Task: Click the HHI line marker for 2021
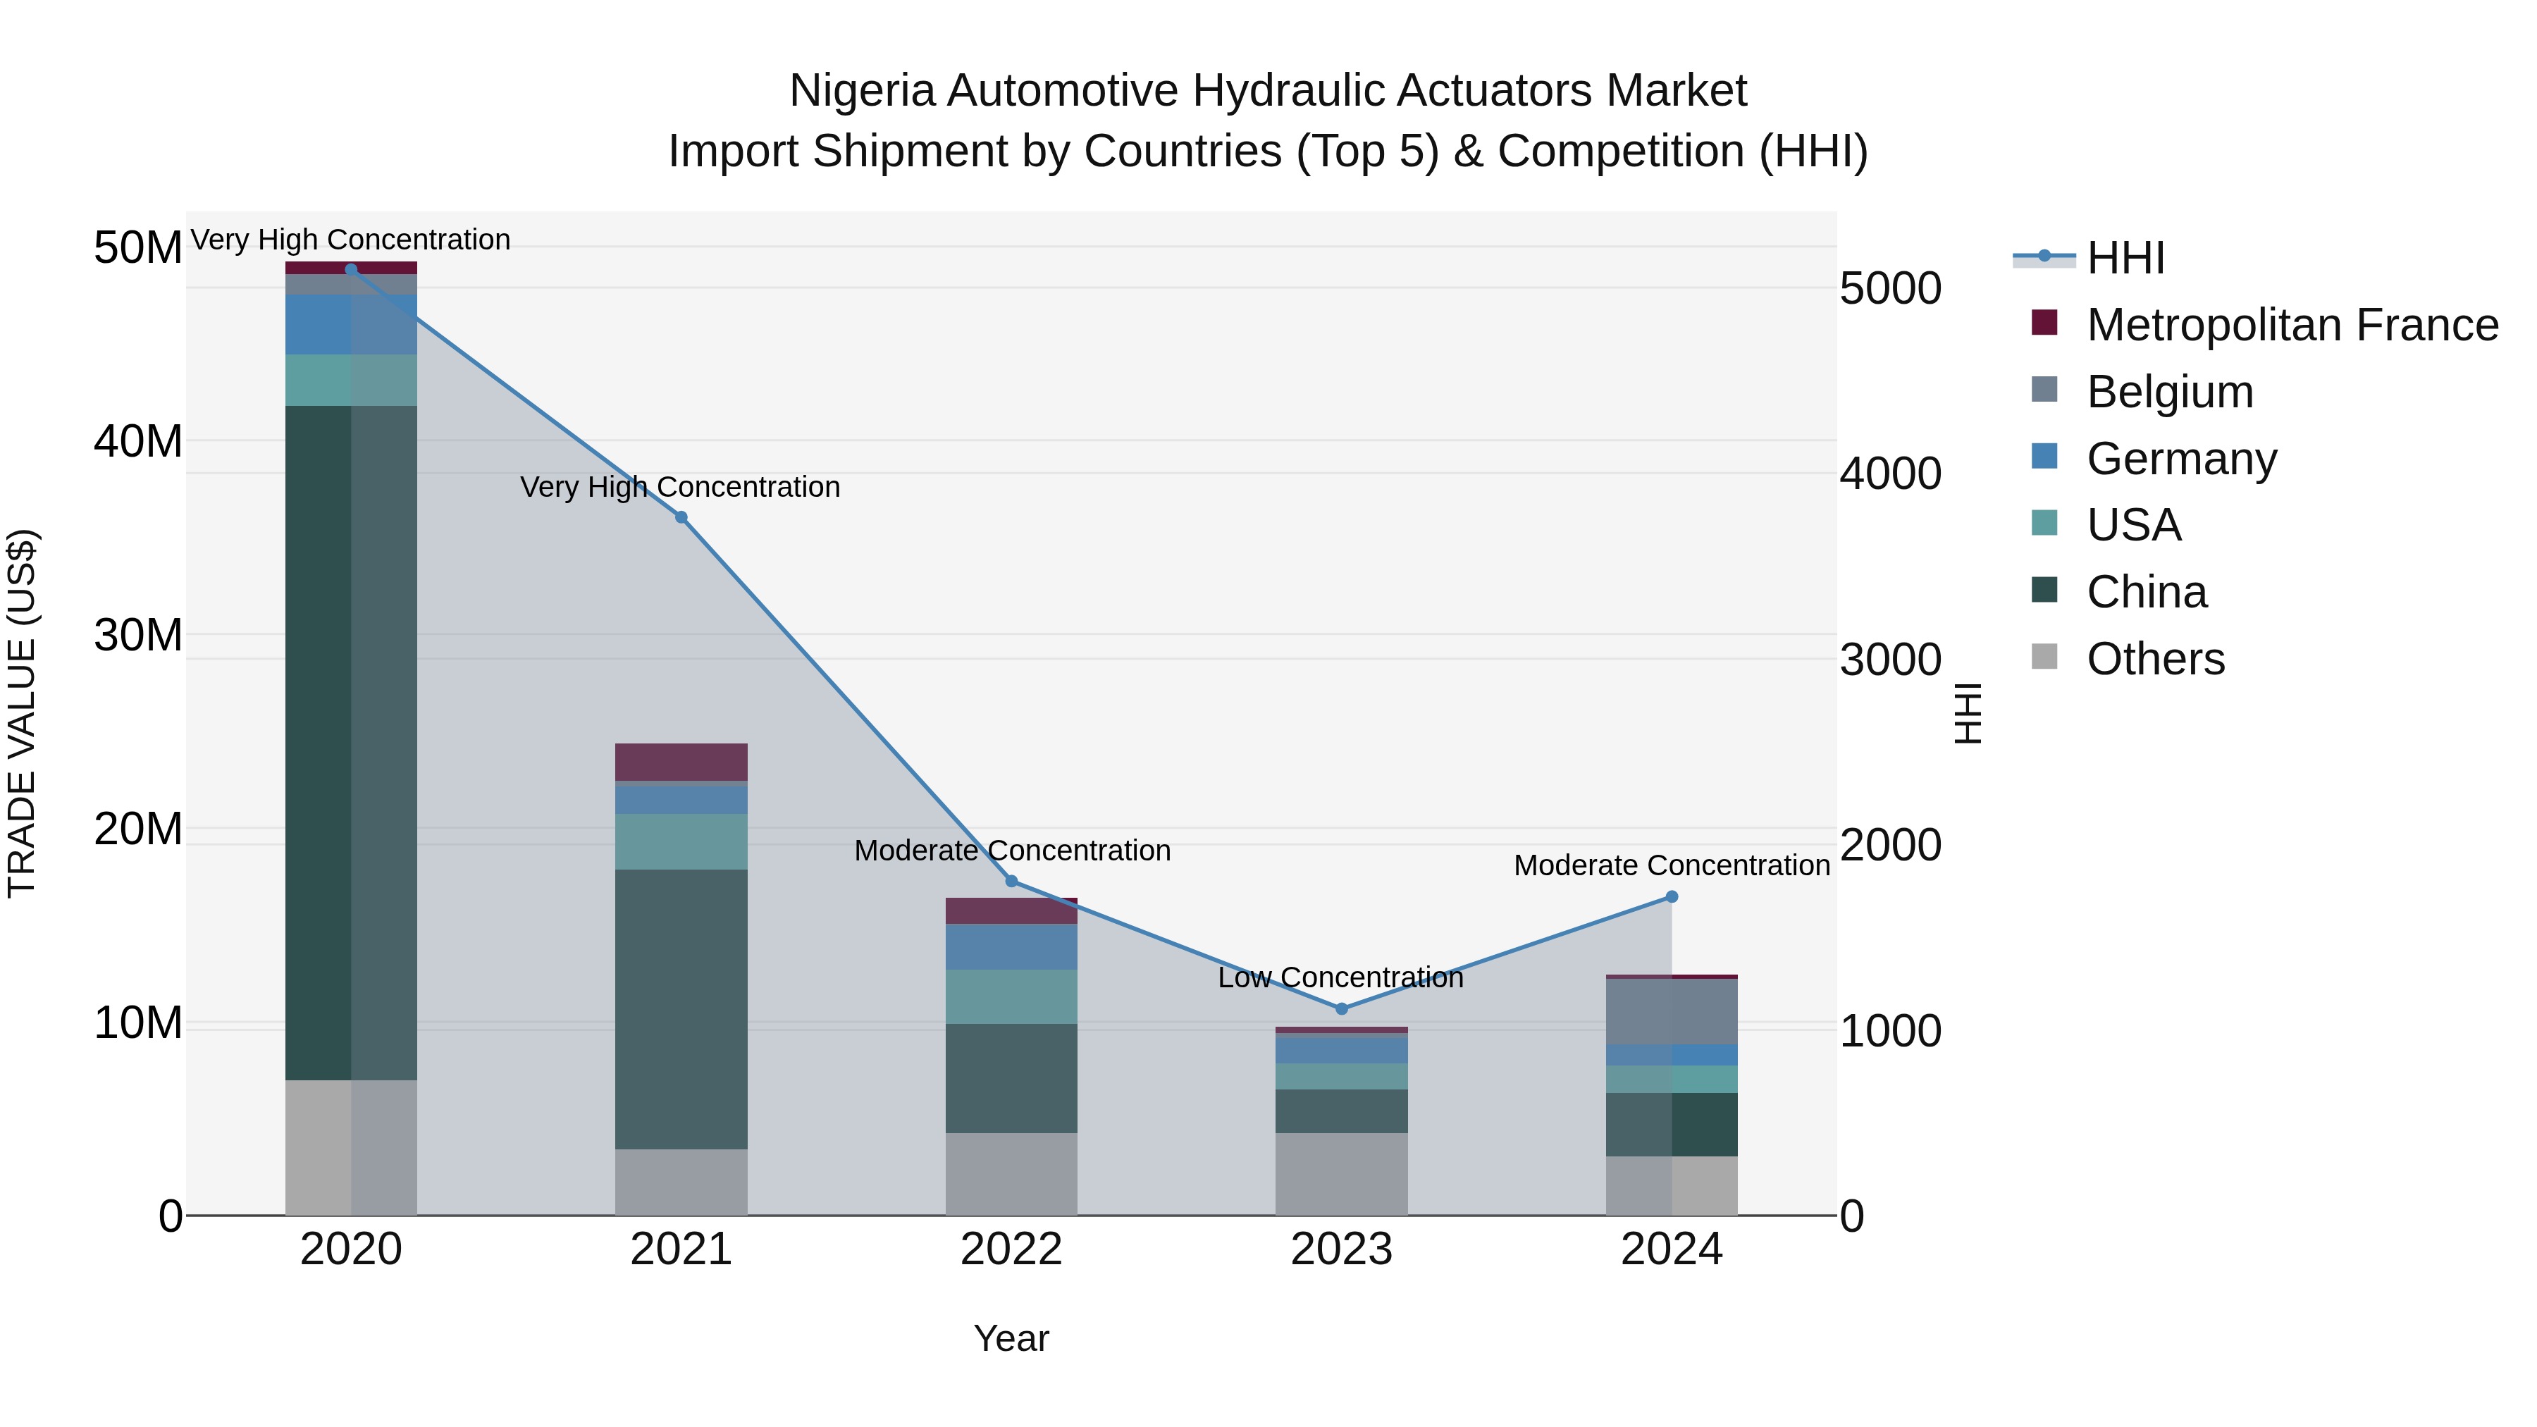[681, 517]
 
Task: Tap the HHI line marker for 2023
[1341, 1008]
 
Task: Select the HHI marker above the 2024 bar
[1672, 896]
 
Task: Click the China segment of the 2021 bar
[681, 1008]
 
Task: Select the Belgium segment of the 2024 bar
[1672, 1011]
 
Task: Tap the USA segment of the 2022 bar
[1011, 996]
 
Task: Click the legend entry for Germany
[2181, 459]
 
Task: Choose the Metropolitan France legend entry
[2292, 325]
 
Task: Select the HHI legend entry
[2125, 258]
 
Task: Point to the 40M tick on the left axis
[138, 441]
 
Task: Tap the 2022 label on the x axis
[1011, 1249]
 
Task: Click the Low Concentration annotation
[1340, 978]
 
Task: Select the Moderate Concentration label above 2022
[1011, 851]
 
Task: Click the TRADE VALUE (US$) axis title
[22, 713]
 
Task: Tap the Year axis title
[1011, 1338]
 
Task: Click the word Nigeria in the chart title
[860, 91]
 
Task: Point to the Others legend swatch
[2044, 656]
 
